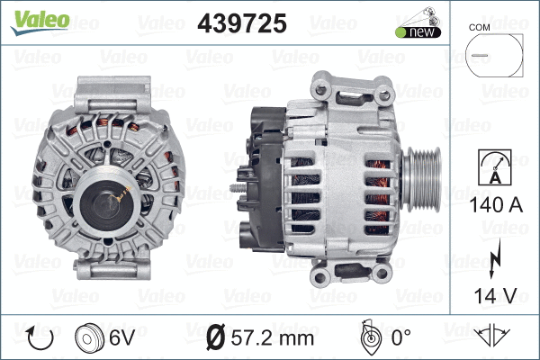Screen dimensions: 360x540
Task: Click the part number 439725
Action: [x=241, y=24]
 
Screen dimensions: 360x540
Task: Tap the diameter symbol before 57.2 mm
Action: [x=216, y=338]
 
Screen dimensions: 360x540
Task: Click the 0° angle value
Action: [x=400, y=338]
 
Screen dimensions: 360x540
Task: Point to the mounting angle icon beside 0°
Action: [x=368, y=337]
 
